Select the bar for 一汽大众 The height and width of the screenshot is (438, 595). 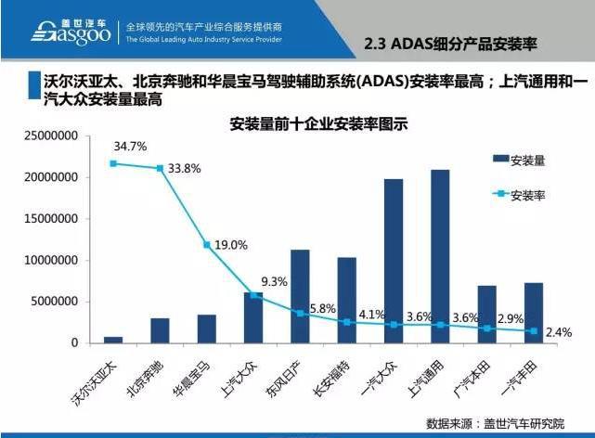tap(394, 261)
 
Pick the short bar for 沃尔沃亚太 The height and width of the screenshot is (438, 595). tap(113, 339)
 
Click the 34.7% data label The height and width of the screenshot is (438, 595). tap(130, 147)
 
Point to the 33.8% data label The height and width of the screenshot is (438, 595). tap(185, 169)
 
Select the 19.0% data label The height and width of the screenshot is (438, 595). tap(231, 245)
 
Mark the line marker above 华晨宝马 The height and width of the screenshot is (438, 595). tap(207, 245)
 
